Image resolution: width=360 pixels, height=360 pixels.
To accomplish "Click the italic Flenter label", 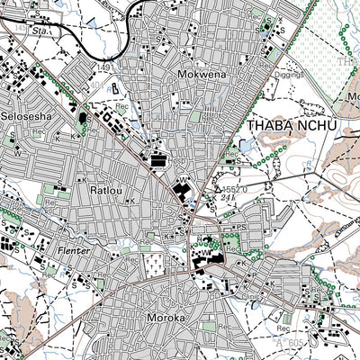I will [x=71, y=250].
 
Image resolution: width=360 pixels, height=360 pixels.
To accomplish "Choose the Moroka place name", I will [x=164, y=318].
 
